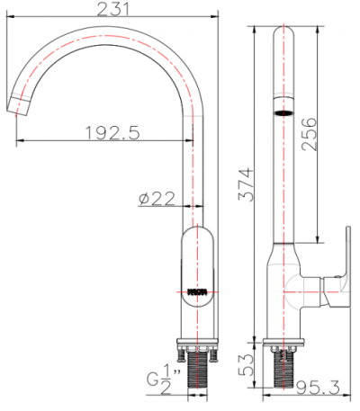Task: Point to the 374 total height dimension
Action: [255, 184]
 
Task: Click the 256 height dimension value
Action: [309, 135]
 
